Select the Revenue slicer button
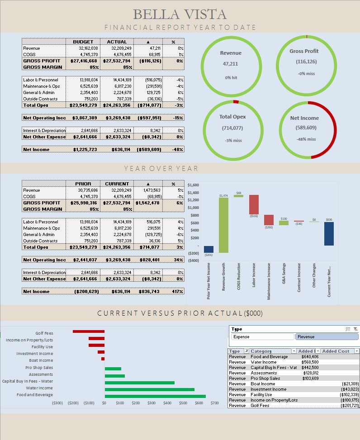click(327, 337)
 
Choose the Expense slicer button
click(262, 337)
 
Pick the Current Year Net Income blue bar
click(329, 234)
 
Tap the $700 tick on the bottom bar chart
click(214, 402)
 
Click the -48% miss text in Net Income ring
click(306, 139)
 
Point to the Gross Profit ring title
click(306, 51)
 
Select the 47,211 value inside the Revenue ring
click(231, 64)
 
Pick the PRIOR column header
click(83, 184)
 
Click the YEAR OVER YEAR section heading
click(161, 169)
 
